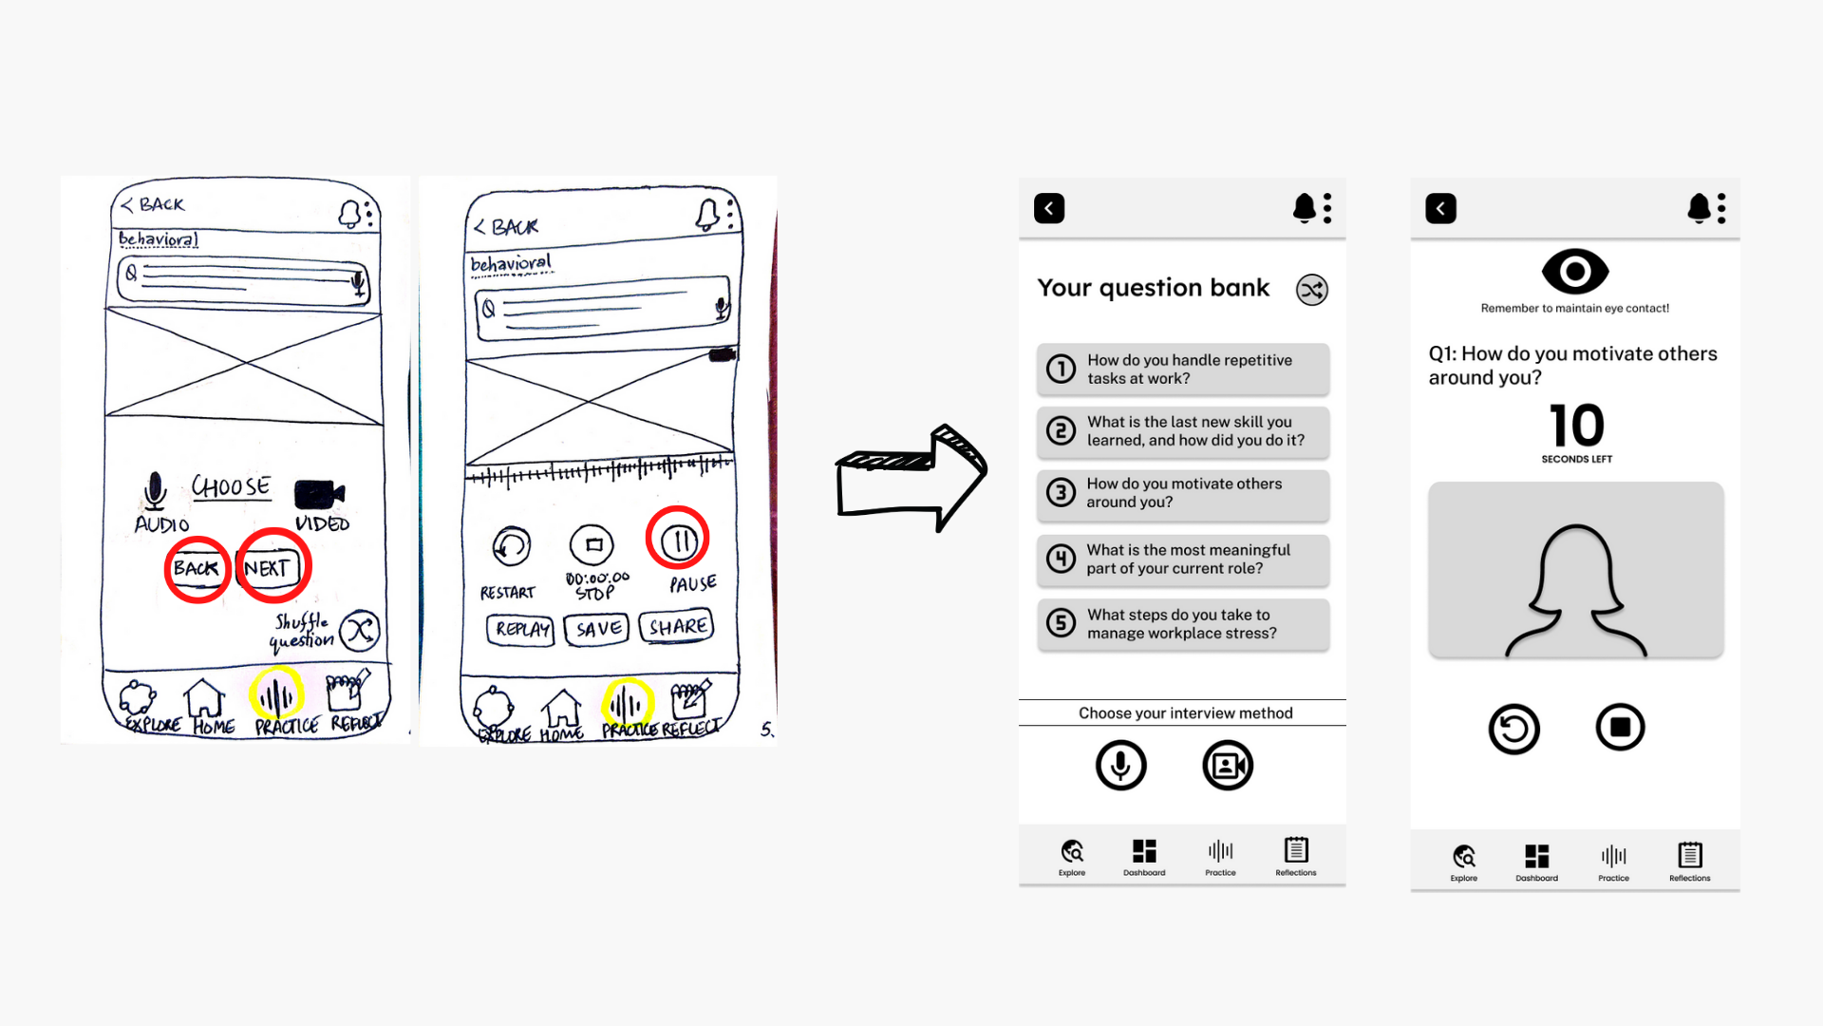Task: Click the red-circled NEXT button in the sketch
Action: [272, 567]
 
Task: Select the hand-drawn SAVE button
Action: [597, 629]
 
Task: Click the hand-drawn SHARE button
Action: [677, 627]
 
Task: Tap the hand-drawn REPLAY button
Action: [520, 629]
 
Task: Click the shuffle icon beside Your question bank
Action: [1311, 290]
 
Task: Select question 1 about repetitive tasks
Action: [1183, 369]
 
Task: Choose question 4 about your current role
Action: [1183, 559]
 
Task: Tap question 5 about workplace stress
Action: [1183, 624]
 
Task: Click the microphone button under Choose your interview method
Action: [1120, 765]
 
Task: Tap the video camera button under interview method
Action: [1228, 765]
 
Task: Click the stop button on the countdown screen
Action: [1620, 728]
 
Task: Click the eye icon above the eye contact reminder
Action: [1575, 272]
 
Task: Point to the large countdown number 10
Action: [1576, 426]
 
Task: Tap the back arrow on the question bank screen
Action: [1049, 208]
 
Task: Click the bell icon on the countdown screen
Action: [1699, 208]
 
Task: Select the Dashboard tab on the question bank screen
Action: [1144, 856]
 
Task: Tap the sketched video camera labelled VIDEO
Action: [319, 495]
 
